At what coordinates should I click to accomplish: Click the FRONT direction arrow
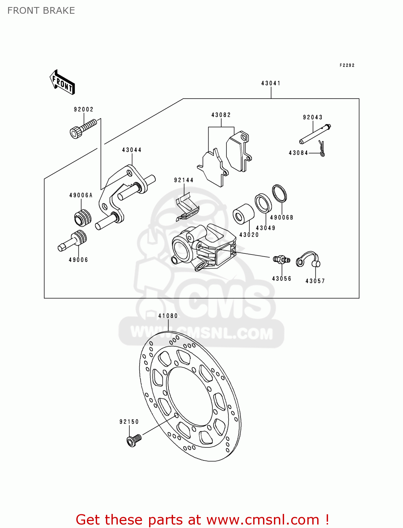tap(62, 82)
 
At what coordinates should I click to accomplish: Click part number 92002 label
tap(84, 109)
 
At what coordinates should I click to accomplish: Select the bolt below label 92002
tap(83, 128)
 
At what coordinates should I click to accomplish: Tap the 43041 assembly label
tap(271, 83)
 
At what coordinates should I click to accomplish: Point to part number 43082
tap(221, 115)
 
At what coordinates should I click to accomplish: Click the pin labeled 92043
tap(315, 134)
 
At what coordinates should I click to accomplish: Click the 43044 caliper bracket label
tap(132, 150)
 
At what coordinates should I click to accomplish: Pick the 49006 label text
tap(78, 260)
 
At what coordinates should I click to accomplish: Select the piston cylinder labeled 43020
tap(243, 214)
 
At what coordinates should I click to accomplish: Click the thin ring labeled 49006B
tap(279, 194)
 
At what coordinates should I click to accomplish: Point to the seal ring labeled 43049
tap(263, 203)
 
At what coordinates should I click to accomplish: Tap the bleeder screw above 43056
tap(281, 260)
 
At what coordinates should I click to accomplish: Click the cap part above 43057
tap(308, 260)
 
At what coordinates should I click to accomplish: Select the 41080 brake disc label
tap(168, 316)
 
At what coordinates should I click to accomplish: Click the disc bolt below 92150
tap(133, 440)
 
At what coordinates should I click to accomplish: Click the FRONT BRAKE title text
tap(41, 11)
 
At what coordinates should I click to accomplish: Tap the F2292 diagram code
tap(347, 65)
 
